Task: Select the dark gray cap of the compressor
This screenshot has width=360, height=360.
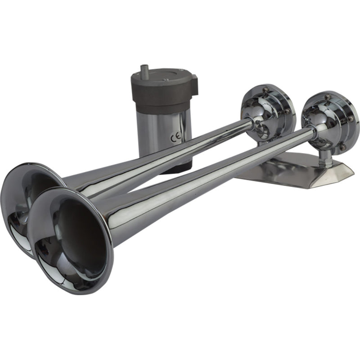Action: (162, 90)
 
